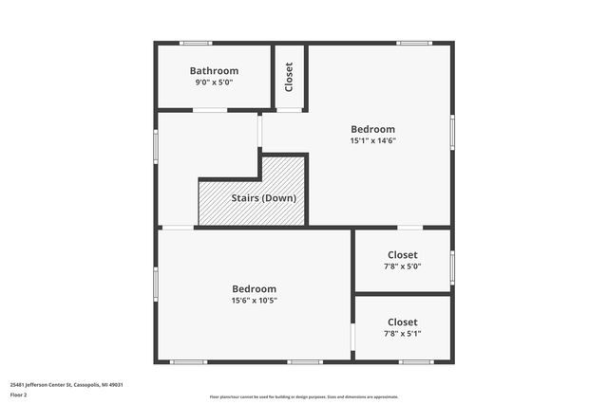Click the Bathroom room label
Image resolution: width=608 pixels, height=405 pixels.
pyautogui.click(x=214, y=71)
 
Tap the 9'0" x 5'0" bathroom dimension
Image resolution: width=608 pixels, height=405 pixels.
pyautogui.click(x=214, y=83)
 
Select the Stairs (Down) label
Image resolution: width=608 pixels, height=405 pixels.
pyautogui.click(x=264, y=198)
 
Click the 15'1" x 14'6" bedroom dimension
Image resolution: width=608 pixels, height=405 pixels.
pyautogui.click(x=372, y=140)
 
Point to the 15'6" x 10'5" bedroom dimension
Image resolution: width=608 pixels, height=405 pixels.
pyautogui.click(x=254, y=301)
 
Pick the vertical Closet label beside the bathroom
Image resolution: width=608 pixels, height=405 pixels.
pyautogui.click(x=289, y=77)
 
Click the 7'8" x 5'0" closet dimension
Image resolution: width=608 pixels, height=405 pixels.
pyautogui.click(x=402, y=267)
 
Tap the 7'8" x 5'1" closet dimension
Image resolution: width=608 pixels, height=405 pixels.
pyautogui.click(x=402, y=334)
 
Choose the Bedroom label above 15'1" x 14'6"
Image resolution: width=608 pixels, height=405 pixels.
pyautogui.click(x=372, y=129)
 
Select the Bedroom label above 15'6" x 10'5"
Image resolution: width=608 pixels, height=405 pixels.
pyautogui.click(x=254, y=289)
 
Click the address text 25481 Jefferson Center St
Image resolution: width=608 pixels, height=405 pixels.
pyautogui.click(x=66, y=384)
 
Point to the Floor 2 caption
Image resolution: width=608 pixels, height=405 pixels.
pyautogui.click(x=19, y=395)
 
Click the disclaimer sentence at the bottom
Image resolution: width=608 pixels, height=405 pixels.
pyautogui.click(x=304, y=397)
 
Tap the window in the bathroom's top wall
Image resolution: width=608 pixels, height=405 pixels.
pyautogui.click(x=196, y=43)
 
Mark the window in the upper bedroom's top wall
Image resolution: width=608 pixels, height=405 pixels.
pyautogui.click(x=414, y=43)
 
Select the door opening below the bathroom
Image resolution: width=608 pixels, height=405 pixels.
pyautogui.click(x=210, y=111)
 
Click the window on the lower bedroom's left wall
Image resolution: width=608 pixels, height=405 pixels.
pyautogui.click(x=156, y=284)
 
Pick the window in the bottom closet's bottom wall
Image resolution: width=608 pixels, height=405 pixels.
pyautogui.click(x=415, y=361)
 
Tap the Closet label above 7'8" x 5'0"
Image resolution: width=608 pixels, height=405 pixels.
pyautogui.click(x=402, y=255)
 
